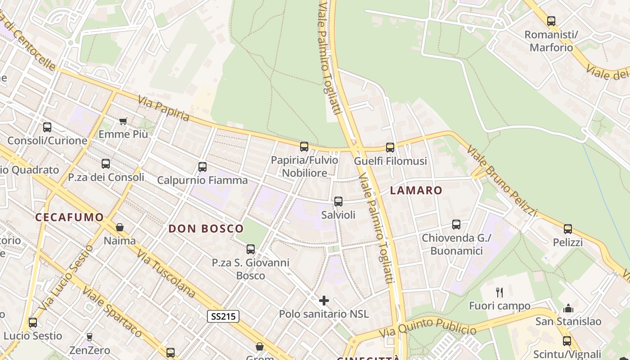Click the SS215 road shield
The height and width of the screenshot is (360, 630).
[223, 316]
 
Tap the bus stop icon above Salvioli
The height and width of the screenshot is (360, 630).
[338, 202]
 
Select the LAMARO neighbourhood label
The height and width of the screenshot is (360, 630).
[416, 190]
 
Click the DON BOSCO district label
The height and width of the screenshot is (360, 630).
[206, 229]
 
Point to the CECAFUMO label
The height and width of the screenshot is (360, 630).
[70, 217]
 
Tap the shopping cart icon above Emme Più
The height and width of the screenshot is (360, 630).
[123, 121]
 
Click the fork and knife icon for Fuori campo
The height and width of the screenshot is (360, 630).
[499, 292]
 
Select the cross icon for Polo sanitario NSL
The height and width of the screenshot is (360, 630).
[324, 301]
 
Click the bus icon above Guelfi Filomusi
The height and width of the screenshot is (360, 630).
[390, 147]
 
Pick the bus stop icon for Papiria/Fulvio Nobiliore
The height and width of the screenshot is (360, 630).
[304, 146]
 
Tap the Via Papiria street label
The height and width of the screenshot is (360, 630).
[164, 108]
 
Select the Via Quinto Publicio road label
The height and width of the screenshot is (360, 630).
[427, 328]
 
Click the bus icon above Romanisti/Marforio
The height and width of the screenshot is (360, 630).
[551, 21]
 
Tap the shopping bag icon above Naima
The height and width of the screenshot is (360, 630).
[120, 227]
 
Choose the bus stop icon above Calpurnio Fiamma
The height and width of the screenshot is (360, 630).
[202, 167]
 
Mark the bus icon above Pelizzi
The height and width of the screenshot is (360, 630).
[568, 229]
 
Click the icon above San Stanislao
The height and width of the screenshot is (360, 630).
[568, 308]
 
